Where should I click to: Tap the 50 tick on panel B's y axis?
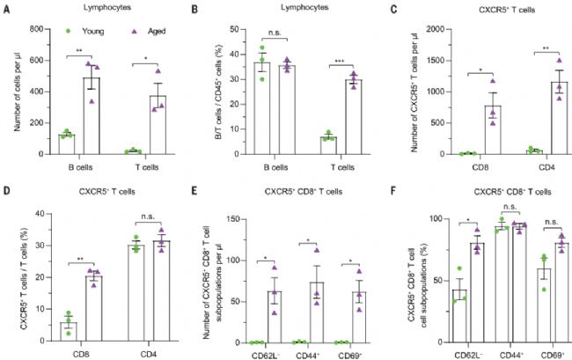238,29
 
